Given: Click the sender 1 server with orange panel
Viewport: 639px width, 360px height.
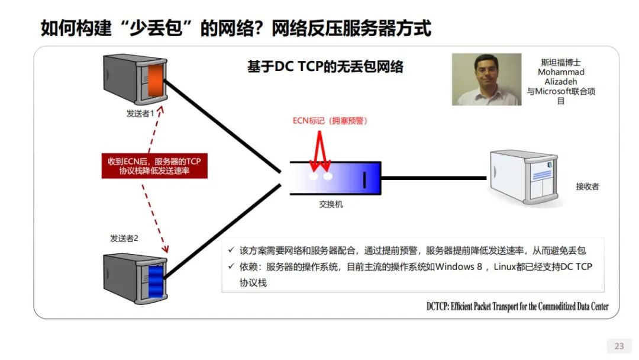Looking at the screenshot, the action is pyautogui.click(x=135, y=79).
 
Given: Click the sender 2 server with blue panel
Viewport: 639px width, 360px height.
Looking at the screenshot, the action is pyautogui.click(x=135, y=278).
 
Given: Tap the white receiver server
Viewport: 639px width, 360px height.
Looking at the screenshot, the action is pyautogui.click(x=524, y=178).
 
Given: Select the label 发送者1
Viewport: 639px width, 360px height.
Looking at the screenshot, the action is pyautogui.click(x=140, y=113).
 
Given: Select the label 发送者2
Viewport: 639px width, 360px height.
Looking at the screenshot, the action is pyautogui.click(x=124, y=238).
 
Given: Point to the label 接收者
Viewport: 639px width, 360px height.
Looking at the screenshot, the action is pyautogui.click(x=588, y=187).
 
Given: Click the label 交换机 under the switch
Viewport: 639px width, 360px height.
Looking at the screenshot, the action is pyautogui.click(x=331, y=204).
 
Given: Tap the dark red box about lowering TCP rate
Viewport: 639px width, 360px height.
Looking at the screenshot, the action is pyautogui.click(x=154, y=166).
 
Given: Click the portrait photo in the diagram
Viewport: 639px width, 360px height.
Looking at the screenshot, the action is pyautogui.click(x=486, y=79).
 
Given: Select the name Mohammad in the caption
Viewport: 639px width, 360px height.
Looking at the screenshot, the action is pyautogui.click(x=561, y=72).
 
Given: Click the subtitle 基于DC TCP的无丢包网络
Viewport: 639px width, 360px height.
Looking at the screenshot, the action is pyautogui.click(x=325, y=66).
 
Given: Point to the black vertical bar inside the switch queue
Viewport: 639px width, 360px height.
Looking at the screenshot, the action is pyautogui.click(x=364, y=180).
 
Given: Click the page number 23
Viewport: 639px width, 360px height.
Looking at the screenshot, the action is pyautogui.click(x=619, y=346).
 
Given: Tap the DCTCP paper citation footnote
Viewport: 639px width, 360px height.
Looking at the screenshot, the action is pyautogui.click(x=517, y=306).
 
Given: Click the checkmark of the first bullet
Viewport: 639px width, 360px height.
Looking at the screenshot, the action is pyautogui.click(x=231, y=249).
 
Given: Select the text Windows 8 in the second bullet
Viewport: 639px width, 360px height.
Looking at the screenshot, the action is pyautogui.click(x=459, y=266).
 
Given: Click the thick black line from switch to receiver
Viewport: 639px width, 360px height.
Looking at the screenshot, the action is pyautogui.click(x=434, y=178).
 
